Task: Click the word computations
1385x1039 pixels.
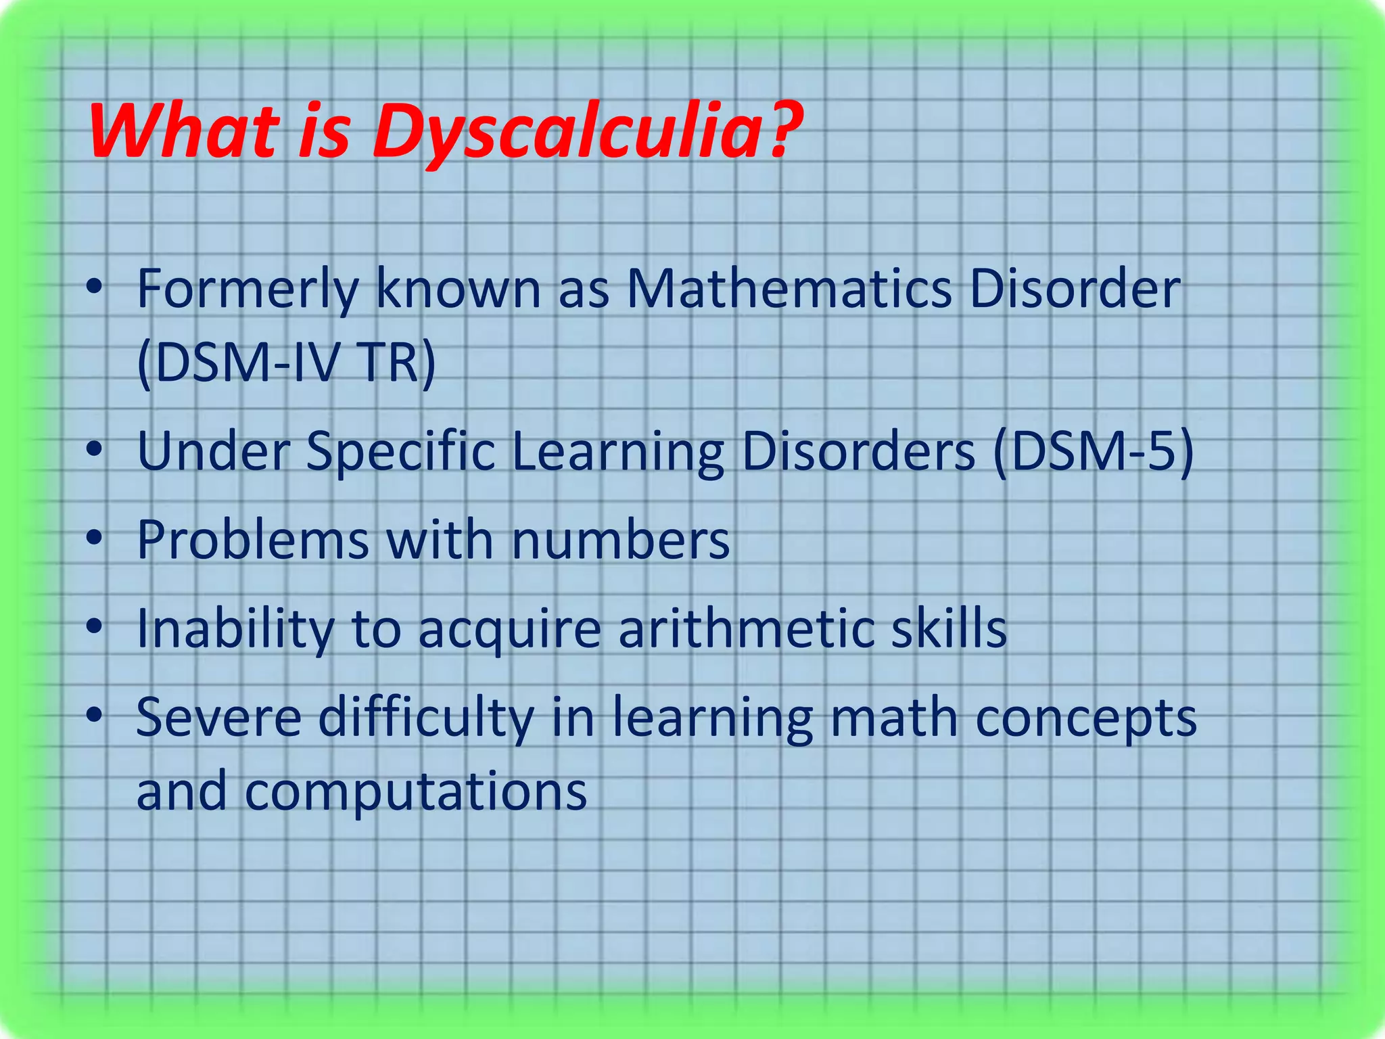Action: click(x=415, y=792)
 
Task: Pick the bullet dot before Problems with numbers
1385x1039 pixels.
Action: click(x=95, y=538)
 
